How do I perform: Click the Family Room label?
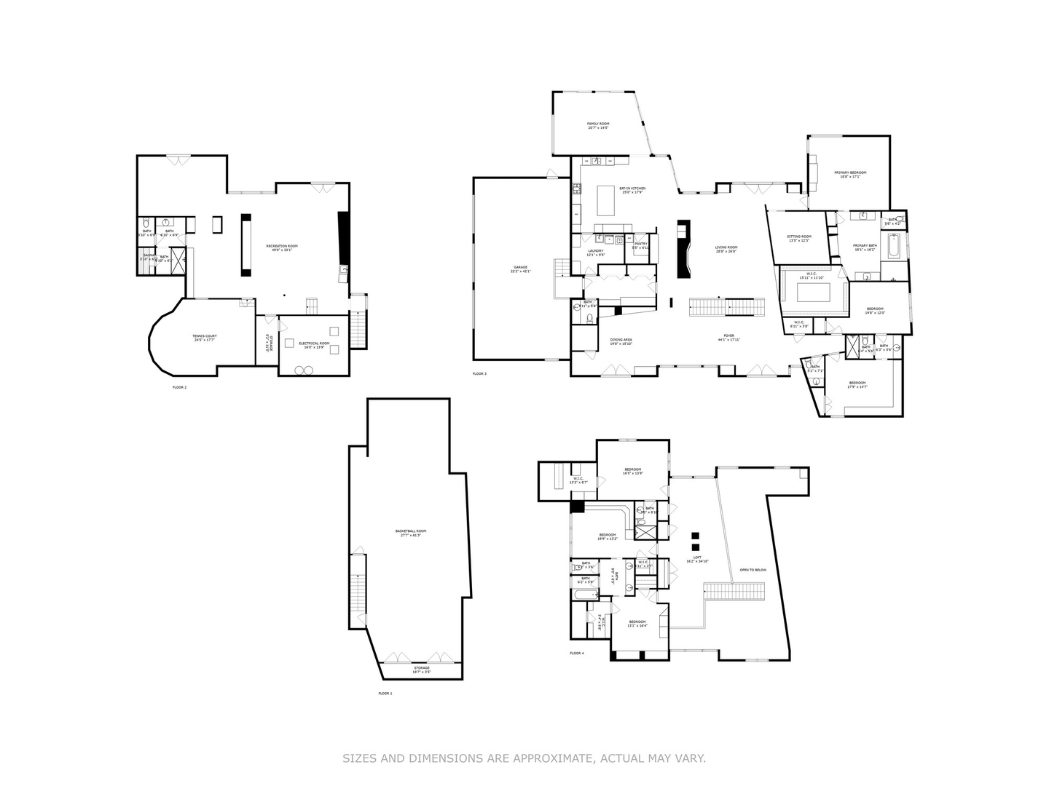tap(598, 124)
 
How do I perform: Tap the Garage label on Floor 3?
tap(521, 267)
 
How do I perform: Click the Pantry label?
tap(641, 244)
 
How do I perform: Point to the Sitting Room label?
tap(799, 237)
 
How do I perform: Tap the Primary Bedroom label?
tap(850, 172)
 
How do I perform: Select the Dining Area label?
tap(621, 340)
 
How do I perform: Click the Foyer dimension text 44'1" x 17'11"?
tap(729, 340)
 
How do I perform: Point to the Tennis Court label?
tap(205, 336)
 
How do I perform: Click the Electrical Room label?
tap(314, 343)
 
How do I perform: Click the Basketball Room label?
tap(411, 531)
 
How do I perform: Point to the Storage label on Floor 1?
tap(422, 667)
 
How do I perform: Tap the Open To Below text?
tap(753, 570)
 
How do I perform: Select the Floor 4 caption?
tap(577, 654)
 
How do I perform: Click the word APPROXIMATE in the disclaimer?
tap(553, 758)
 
